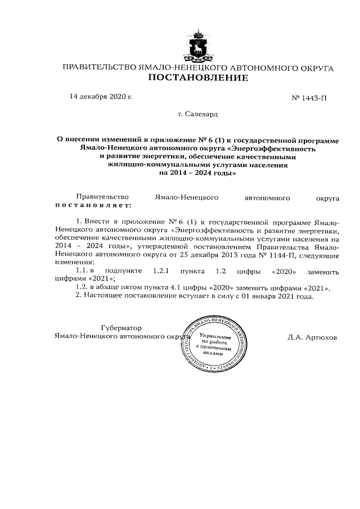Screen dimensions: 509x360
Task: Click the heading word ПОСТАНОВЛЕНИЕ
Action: [x=197, y=78]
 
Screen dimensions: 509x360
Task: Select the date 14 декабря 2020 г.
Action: [x=101, y=96]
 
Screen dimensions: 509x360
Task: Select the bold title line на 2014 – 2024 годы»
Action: [x=197, y=174]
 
